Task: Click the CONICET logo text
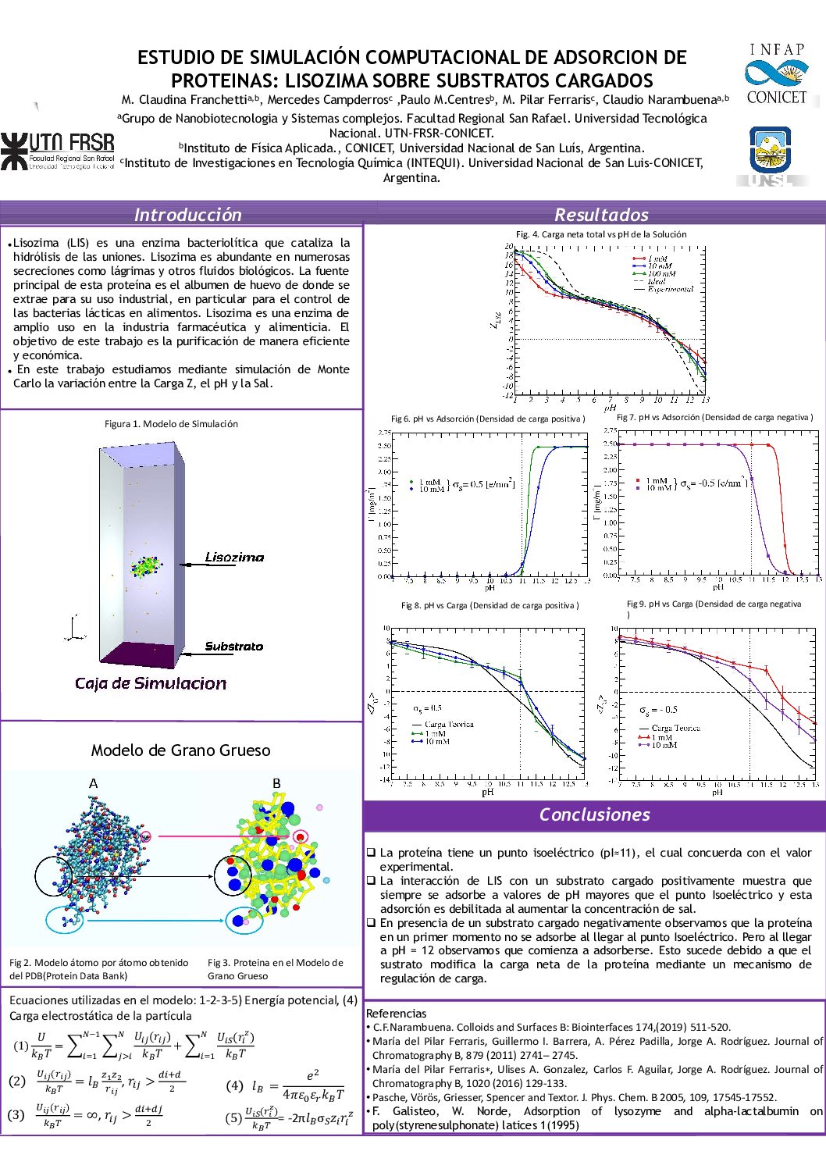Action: (776, 98)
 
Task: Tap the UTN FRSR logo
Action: (58, 151)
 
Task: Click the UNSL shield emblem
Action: (770, 148)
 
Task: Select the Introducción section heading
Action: (187, 215)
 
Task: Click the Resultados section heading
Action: (601, 215)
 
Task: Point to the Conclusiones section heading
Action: (594, 814)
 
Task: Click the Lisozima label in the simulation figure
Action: (234, 558)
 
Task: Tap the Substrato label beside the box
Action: (233, 647)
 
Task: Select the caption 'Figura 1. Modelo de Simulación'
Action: (171, 424)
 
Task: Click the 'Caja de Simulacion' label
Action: (151, 684)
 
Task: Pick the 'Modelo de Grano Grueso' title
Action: (180, 750)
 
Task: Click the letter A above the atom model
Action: (94, 783)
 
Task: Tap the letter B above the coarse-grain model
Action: (276, 783)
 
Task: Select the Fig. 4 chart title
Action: (601, 234)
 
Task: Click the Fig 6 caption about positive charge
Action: (488, 419)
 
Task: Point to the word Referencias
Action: (396, 1014)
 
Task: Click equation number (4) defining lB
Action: (234, 1085)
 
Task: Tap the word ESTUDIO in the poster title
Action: (171, 58)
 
